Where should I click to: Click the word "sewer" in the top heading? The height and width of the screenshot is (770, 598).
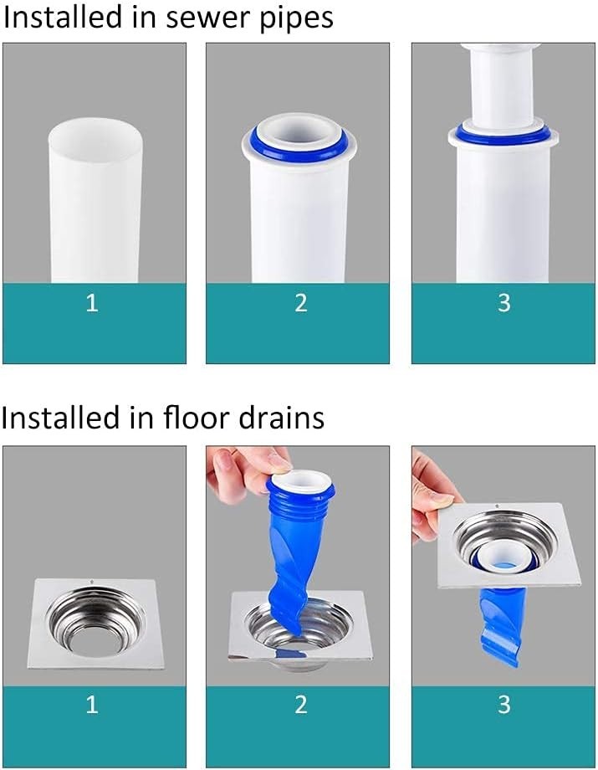point(208,18)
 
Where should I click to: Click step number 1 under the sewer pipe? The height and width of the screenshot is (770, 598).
point(92,302)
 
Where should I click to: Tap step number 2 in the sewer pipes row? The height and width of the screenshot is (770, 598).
point(301,302)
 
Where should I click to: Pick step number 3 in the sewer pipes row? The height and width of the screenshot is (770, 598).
point(504,302)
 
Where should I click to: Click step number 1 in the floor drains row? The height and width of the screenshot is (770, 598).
point(92,704)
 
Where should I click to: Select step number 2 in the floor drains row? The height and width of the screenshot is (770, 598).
point(301,704)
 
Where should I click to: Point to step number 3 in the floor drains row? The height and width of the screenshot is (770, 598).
point(504,704)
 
